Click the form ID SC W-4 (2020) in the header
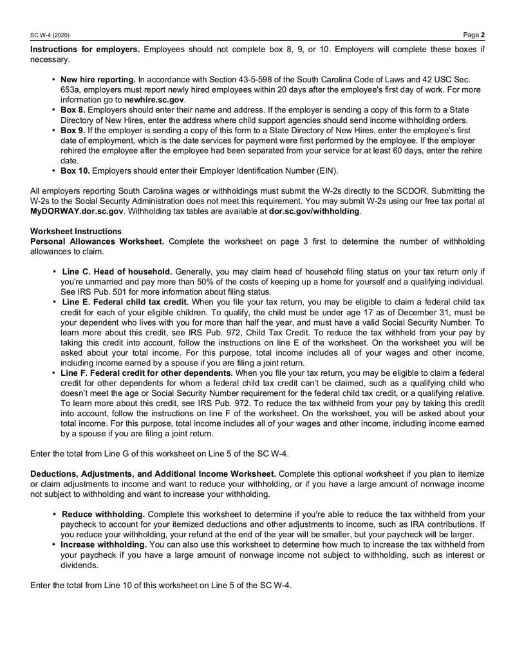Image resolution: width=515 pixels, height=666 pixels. (50, 34)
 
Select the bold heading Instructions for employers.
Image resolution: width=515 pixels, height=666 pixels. (85, 50)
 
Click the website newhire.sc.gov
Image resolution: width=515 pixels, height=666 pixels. (154, 100)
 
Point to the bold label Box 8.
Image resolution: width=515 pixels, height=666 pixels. (73, 110)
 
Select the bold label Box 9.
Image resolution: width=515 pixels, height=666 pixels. (73, 131)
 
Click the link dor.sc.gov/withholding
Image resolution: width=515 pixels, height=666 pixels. (314, 211)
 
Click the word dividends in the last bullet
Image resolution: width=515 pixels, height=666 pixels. (80, 566)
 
